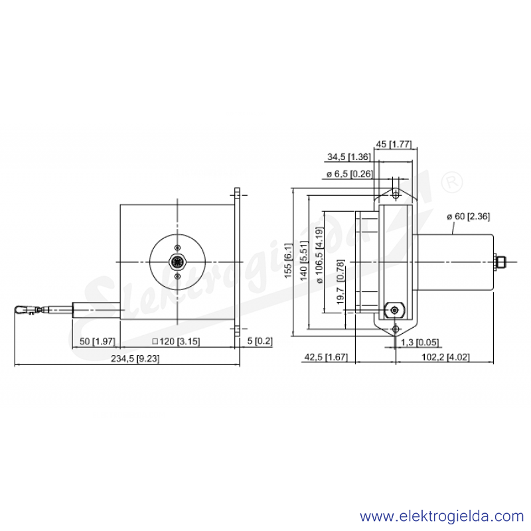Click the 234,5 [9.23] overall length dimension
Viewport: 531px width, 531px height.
click(135, 358)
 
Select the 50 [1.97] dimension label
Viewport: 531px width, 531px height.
click(97, 341)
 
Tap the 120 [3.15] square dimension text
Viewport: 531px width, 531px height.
click(176, 341)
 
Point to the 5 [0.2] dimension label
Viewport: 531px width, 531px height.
click(260, 341)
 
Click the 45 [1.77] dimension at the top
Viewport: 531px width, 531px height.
click(394, 144)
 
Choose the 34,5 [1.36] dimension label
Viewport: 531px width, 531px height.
click(349, 157)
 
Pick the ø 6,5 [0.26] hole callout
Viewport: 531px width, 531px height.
click(350, 174)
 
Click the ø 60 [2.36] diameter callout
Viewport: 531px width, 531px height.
click(468, 216)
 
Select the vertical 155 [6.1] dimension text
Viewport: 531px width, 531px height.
click(288, 260)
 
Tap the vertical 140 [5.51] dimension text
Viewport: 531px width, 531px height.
click(304, 260)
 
